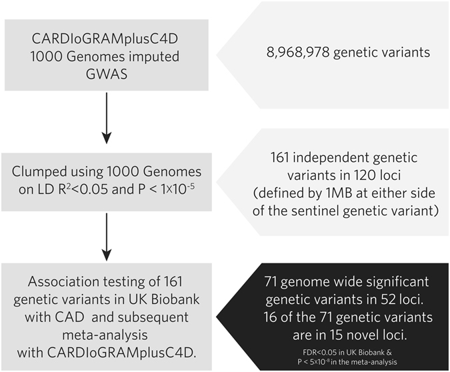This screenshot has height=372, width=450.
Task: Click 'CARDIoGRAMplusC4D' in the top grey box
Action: [103, 27]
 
